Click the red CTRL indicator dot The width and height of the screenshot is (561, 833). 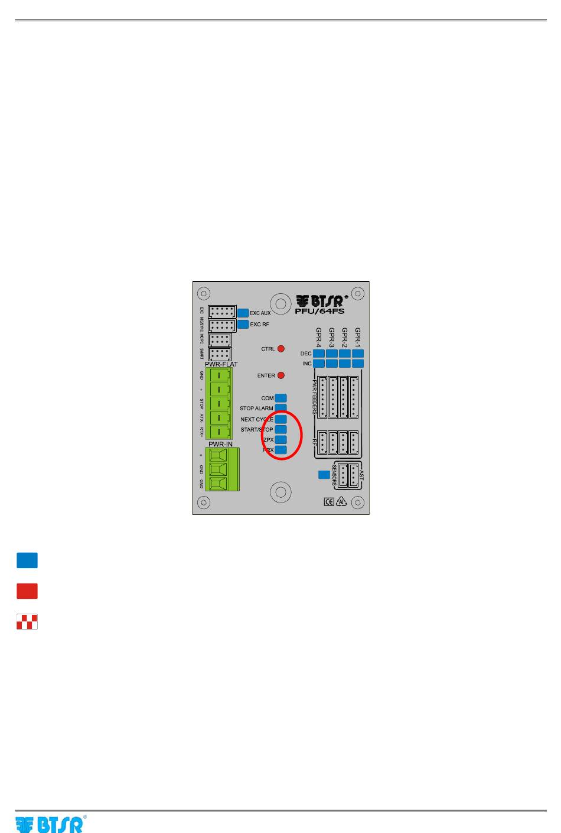[281, 349]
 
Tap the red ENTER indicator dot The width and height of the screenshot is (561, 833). [281, 375]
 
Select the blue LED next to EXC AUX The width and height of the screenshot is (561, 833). [243, 313]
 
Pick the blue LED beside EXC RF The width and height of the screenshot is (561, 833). [243, 324]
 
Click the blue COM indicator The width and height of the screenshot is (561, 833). [281, 398]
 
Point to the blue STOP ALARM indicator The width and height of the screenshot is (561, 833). [281, 408]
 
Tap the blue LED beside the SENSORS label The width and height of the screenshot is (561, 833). [324, 474]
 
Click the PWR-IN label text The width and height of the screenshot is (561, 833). [220, 444]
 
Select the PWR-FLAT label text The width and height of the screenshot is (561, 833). [221, 364]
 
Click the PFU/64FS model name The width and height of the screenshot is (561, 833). [319, 311]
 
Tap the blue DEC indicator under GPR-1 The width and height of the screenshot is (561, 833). [358, 354]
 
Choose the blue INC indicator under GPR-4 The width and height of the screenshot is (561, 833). [319, 364]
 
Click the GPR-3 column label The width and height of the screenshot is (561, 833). [332, 338]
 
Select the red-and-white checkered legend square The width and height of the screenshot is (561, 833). [27, 622]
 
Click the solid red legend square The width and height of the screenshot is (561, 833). [27, 591]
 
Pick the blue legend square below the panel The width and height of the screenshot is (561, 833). [27, 560]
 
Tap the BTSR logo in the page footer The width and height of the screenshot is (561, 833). [50, 824]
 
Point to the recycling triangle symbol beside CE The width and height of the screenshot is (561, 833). [341, 502]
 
